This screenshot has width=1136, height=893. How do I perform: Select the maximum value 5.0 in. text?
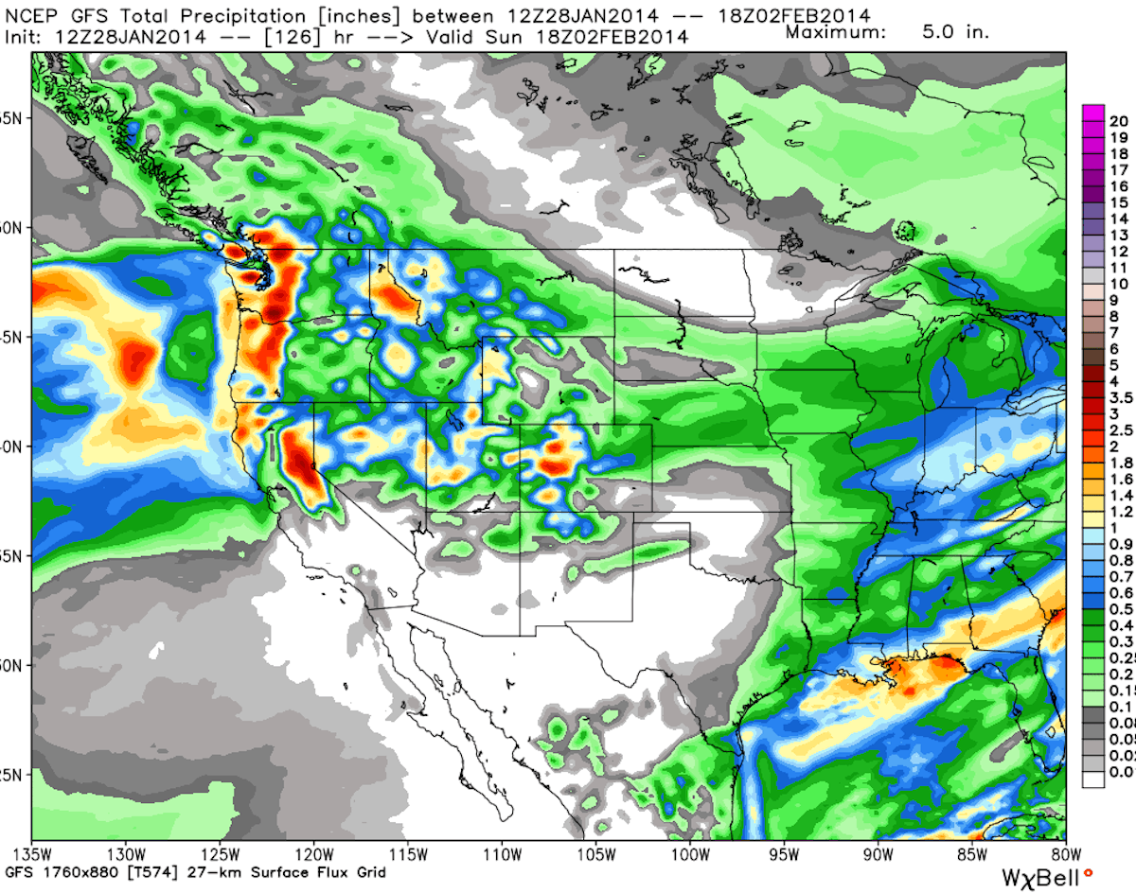pyautogui.click(x=955, y=31)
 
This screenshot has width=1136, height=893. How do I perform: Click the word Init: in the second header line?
pyautogui.click(x=26, y=37)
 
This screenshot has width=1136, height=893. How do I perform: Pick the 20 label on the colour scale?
pyautogui.click(x=1118, y=120)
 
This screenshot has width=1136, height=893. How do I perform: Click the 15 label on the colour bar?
pyautogui.click(x=1118, y=202)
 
